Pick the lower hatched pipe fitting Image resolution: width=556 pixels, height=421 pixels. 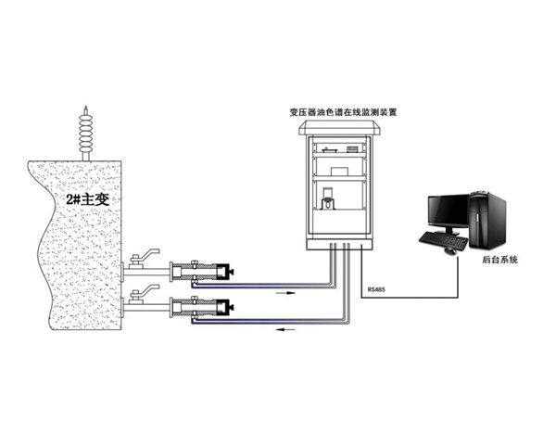(x=204, y=306)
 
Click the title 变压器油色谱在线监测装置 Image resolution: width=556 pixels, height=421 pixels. (x=343, y=112)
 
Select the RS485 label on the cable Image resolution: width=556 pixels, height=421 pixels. (x=377, y=288)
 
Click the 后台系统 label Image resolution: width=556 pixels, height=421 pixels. (x=501, y=261)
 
